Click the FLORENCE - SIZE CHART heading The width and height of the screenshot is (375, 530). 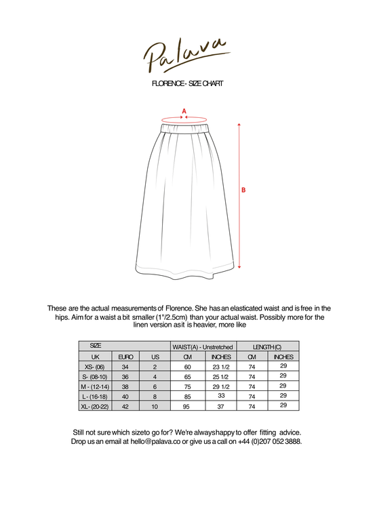click(x=188, y=83)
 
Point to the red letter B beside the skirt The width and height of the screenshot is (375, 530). click(x=243, y=190)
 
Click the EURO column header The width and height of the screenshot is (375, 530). click(x=125, y=356)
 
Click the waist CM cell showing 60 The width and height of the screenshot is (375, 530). click(x=187, y=367)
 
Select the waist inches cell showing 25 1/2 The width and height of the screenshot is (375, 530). click(x=221, y=377)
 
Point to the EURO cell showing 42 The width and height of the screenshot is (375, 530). click(x=125, y=406)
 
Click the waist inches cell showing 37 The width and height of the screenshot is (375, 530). click(x=221, y=406)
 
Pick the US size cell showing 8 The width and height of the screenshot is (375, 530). click(x=155, y=396)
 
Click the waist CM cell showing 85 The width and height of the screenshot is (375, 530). click(x=187, y=396)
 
